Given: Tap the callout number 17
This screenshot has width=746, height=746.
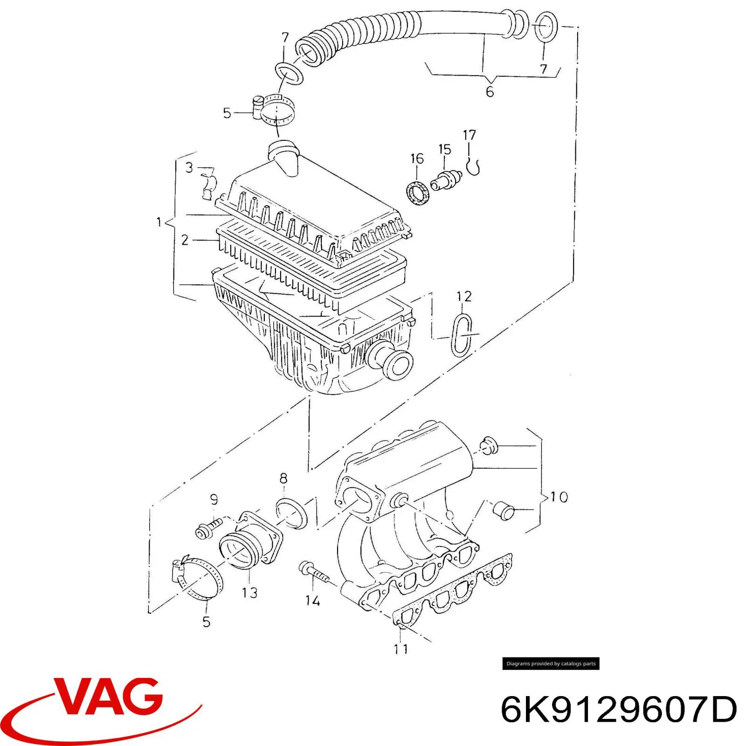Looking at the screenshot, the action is click(x=470, y=135).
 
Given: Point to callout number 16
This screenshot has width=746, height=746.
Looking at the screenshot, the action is click(x=417, y=159).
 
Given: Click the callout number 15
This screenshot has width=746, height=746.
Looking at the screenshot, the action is click(x=445, y=149).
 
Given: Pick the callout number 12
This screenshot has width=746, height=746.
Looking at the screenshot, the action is click(x=464, y=296).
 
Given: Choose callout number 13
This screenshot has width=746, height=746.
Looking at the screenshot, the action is click(x=249, y=593).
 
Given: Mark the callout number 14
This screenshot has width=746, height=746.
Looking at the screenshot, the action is click(x=312, y=601).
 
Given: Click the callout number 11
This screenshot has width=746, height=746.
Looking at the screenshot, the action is click(x=401, y=649).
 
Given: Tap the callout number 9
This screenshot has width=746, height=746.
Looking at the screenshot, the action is click(x=214, y=500).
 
